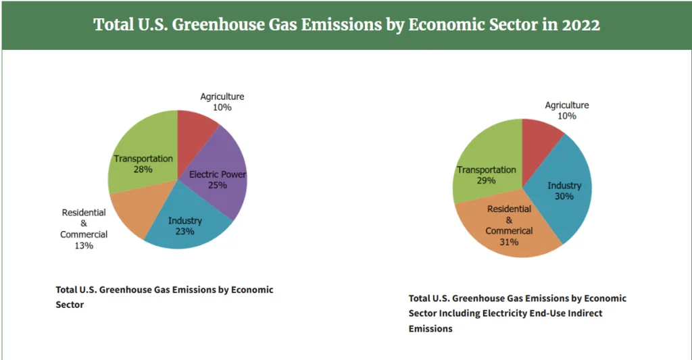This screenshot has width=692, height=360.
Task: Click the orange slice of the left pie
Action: click(x=132, y=209)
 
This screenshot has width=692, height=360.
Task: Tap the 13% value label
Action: click(x=84, y=246)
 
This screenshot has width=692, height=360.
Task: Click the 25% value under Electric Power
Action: click(x=218, y=185)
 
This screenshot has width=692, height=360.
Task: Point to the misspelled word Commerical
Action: click(x=509, y=231)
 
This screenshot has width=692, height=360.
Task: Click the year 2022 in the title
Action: click(x=580, y=25)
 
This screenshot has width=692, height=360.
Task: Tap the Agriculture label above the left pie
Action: click(x=222, y=97)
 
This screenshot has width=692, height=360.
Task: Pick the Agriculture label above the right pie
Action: click(x=567, y=105)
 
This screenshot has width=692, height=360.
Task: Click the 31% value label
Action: click(x=509, y=242)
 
